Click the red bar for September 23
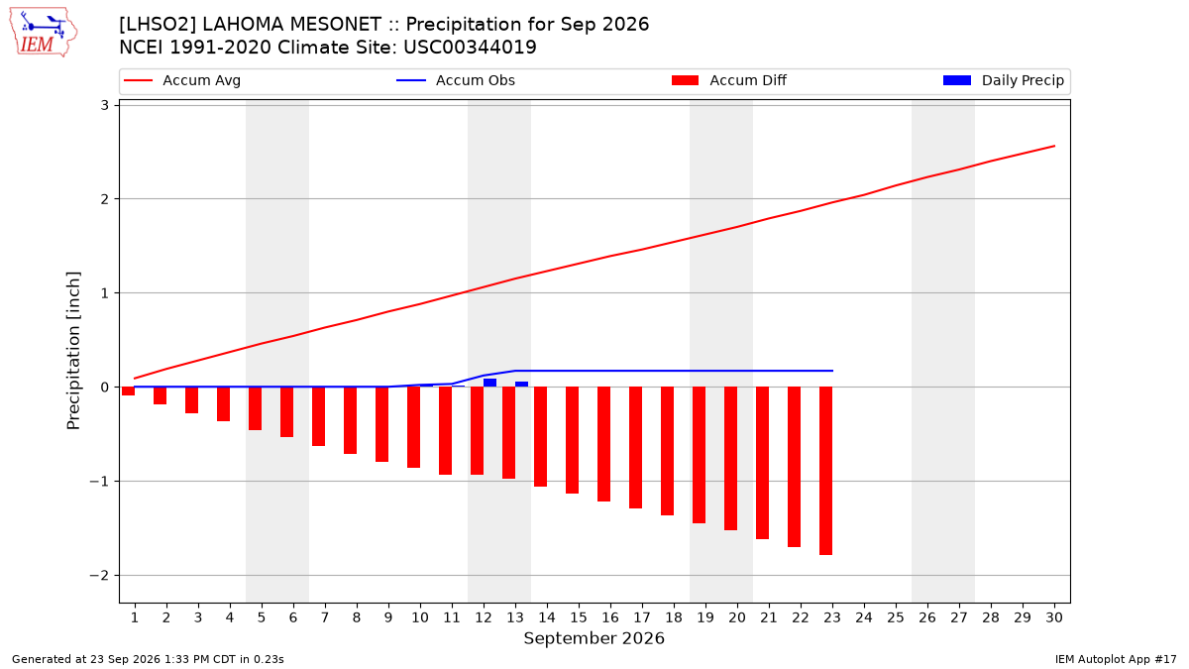point(825,471)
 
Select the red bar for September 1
point(128,390)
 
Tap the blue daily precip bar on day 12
point(489,383)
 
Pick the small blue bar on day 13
point(522,384)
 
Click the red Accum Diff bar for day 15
point(572,440)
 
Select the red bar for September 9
point(381,424)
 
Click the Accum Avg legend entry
point(182,80)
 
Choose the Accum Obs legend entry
point(456,80)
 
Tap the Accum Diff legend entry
point(729,80)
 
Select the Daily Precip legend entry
point(1003,80)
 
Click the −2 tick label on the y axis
point(99,576)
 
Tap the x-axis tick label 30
point(1054,617)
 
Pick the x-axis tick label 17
point(642,617)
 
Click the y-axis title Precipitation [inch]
point(73,351)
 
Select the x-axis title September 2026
point(594,638)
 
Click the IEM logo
point(43,33)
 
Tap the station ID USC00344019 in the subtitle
point(470,48)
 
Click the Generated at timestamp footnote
point(148,659)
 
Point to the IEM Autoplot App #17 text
point(1116,659)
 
